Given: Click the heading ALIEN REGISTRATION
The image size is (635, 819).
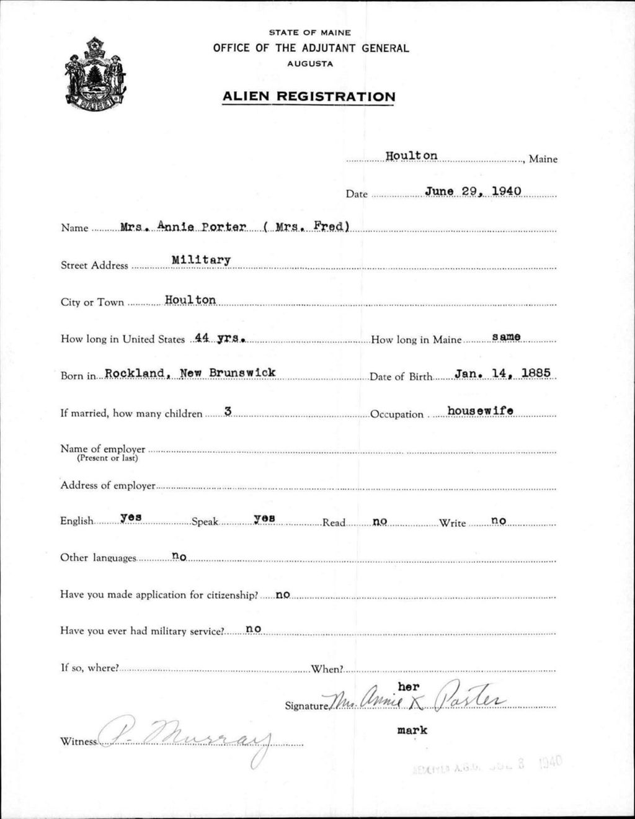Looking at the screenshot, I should click(x=308, y=97).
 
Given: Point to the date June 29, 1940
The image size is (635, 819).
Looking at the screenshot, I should click(x=473, y=191).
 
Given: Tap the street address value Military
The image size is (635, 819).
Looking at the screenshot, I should click(x=201, y=260).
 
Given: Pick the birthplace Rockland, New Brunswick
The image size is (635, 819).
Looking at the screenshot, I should click(x=190, y=374).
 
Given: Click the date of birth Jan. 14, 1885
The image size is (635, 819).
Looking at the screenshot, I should click(x=502, y=374).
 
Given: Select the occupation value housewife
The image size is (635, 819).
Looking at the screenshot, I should click(x=480, y=410).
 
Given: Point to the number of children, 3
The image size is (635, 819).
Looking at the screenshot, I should click(x=228, y=411).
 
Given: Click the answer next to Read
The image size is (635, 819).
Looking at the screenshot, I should click(x=380, y=521).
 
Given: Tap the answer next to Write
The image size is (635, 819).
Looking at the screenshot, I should click(x=499, y=521).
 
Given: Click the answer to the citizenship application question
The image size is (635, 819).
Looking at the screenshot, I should click(x=283, y=594).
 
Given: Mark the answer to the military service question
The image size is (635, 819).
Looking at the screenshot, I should click(x=253, y=629).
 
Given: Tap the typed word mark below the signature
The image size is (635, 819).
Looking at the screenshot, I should click(x=412, y=730).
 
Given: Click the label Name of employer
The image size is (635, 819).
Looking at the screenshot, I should click(x=103, y=449).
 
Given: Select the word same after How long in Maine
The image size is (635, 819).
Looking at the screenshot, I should click(x=506, y=337).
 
